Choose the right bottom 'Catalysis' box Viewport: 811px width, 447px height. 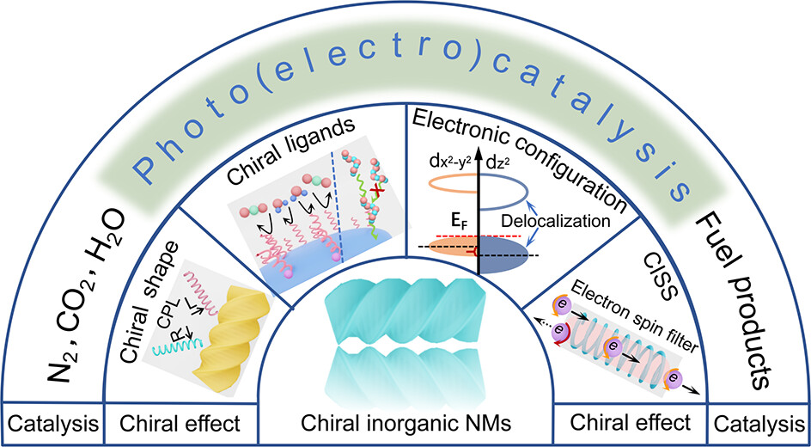point(759,423)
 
